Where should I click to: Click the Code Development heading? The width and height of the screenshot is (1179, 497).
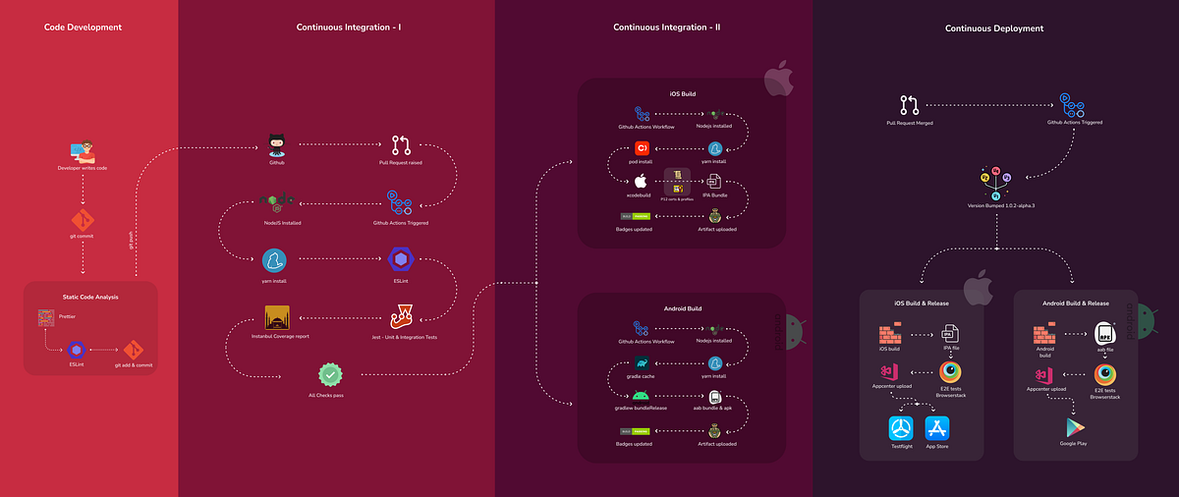(x=84, y=28)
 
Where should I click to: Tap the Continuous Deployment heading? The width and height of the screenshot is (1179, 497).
(x=994, y=28)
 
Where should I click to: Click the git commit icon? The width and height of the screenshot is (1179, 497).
(x=83, y=219)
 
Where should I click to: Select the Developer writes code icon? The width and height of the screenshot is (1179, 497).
(x=83, y=152)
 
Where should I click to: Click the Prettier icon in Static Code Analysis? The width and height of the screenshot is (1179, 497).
(x=45, y=318)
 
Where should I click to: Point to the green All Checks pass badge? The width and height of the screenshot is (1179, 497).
(x=330, y=375)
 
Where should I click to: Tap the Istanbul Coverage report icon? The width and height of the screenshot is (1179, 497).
(x=278, y=318)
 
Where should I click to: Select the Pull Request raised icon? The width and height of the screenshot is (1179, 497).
(x=401, y=146)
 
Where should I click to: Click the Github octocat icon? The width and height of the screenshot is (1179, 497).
(x=276, y=145)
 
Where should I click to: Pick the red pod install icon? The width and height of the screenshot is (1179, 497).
(x=643, y=149)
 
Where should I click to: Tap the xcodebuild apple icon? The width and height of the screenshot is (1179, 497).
(x=642, y=182)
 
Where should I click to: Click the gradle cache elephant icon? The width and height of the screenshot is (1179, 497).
(x=642, y=362)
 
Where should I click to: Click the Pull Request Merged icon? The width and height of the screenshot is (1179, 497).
(x=908, y=104)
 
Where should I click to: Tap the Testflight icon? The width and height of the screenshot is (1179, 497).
(x=901, y=429)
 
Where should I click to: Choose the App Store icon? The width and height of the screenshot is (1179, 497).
(x=937, y=429)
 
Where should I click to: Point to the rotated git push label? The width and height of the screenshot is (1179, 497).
(x=132, y=240)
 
